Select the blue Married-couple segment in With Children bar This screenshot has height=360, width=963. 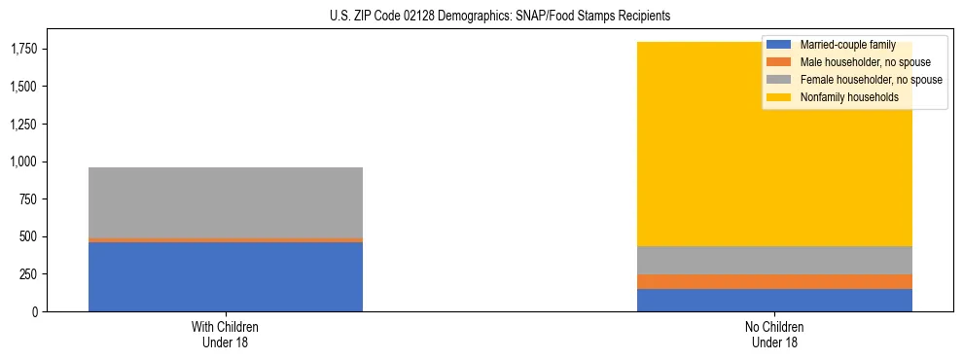point(225,276)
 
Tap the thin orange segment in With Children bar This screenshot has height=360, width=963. point(225,239)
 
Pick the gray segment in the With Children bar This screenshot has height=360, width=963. point(225,202)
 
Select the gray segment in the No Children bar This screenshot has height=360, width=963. point(774,260)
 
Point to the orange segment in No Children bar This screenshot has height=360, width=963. point(774,281)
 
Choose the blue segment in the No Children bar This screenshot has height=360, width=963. point(774,300)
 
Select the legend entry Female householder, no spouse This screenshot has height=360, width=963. point(870,80)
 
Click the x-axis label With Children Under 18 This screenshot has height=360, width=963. point(225,334)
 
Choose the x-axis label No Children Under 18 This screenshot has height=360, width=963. point(774,334)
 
